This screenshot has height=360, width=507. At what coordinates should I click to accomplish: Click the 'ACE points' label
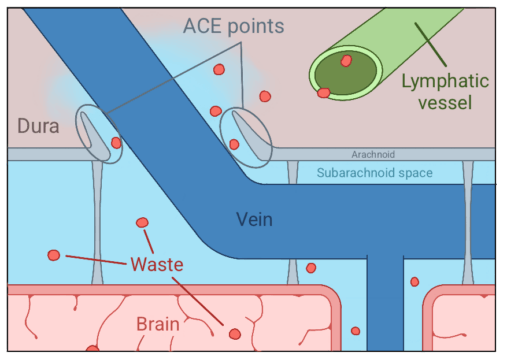234,26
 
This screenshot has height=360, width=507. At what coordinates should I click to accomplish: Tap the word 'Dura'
38,126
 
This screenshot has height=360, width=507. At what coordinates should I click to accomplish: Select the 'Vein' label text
254,219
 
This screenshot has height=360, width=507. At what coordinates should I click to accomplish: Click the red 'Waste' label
157,264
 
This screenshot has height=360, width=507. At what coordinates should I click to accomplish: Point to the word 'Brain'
158,324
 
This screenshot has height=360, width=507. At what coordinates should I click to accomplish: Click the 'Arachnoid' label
373,154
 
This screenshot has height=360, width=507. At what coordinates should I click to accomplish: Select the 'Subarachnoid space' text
375,173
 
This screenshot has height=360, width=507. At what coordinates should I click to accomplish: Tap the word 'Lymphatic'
445,81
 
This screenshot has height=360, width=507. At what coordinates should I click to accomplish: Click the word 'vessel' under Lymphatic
445,102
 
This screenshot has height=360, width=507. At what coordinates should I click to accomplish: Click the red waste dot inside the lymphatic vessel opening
346,61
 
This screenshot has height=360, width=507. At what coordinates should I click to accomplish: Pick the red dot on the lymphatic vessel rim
323,92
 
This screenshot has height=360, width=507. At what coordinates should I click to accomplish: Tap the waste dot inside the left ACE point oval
116,143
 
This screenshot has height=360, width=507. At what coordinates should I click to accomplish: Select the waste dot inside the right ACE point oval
234,144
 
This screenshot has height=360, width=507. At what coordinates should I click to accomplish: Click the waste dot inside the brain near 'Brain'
235,334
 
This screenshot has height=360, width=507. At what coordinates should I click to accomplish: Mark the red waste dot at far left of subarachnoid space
54,255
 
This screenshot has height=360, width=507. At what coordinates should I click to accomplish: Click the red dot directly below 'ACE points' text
219,69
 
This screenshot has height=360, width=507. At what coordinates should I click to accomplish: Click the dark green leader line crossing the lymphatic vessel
430,44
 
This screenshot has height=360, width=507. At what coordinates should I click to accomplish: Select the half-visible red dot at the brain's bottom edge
92,348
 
